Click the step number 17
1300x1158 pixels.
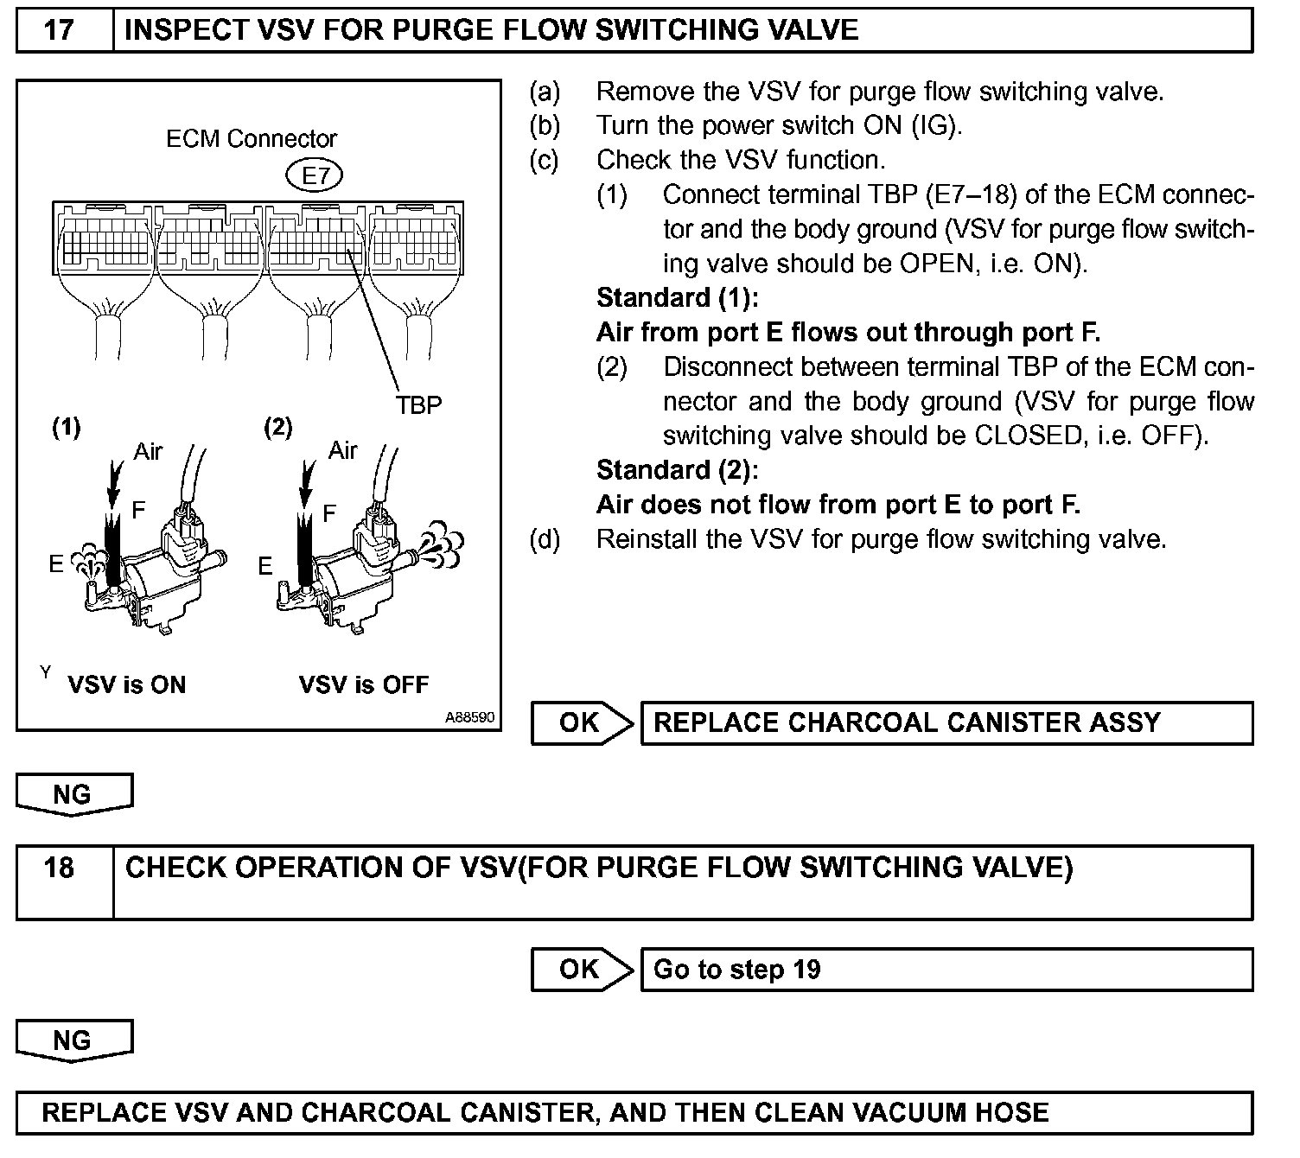pyautogui.click(x=59, y=31)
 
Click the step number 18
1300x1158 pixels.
pyautogui.click(x=59, y=868)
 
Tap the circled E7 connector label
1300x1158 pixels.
pyautogui.click(x=315, y=176)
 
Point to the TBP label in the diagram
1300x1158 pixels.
pyautogui.click(x=419, y=404)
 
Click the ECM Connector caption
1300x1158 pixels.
pyautogui.click(x=251, y=139)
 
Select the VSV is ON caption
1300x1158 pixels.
pyautogui.click(x=126, y=685)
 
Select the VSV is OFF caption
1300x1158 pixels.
pyautogui.click(x=363, y=685)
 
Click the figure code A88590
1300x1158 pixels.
pyautogui.click(x=470, y=717)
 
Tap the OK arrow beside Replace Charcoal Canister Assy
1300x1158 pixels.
pyautogui.click(x=581, y=723)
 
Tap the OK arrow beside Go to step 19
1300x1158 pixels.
pyautogui.click(x=581, y=970)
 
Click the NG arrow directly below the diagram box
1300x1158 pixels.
pyautogui.click(x=73, y=794)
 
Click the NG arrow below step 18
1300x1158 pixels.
pyautogui.click(x=73, y=1040)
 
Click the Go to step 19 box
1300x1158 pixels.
pyautogui.click(x=946, y=970)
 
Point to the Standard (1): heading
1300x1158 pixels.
pyautogui.click(x=677, y=298)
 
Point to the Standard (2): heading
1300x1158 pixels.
pyautogui.click(x=677, y=470)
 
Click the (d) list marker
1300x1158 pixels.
pyautogui.click(x=545, y=540)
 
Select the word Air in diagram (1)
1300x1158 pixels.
pyautogui.click(x=148, y=452)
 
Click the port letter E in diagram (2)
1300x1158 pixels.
pyautogui.click(x=265, y=566)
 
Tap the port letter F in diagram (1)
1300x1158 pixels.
pyautogui.click(x=138, y=510)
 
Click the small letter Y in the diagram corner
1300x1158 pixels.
pyautogui.click(x=45, y=672)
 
